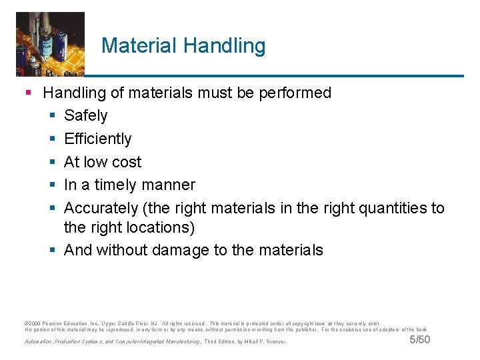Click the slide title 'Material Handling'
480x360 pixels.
tap(183, 46)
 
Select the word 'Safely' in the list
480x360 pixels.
tap(85, 116)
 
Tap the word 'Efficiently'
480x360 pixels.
tap(97, 139)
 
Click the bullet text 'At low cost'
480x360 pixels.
tap(103, 162)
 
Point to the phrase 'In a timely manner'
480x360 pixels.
tap(129, 185)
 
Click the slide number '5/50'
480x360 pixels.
tap(419, 340)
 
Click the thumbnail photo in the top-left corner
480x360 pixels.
tap(50, 43)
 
